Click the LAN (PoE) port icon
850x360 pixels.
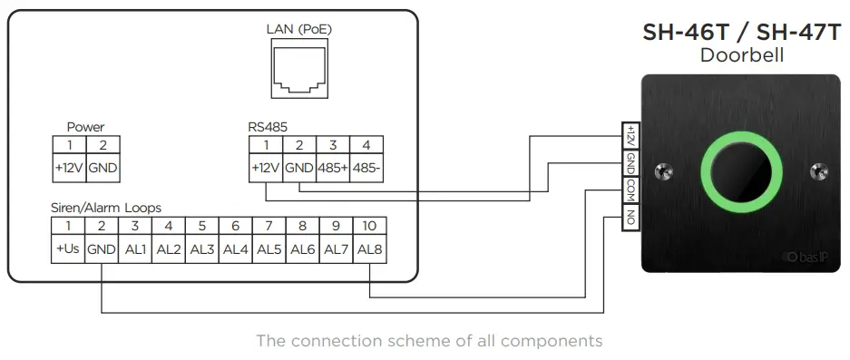[x=298, y=69]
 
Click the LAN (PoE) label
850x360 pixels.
[x=298, y=29]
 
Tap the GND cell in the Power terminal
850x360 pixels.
[x=102, y=168]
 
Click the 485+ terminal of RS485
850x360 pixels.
[x=332, y=168]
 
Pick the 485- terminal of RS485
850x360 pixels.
[x=366, y=168]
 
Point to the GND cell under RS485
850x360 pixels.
[x=298, y=168]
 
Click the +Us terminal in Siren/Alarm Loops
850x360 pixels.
[x=67, y=248]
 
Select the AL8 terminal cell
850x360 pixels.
[x=370, y=248]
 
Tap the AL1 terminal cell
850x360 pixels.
[x=134, y=248]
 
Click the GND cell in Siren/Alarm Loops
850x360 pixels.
[x=101, y=248]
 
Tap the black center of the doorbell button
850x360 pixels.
[x=743, y=172]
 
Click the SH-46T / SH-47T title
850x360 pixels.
[x=742, y=33]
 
